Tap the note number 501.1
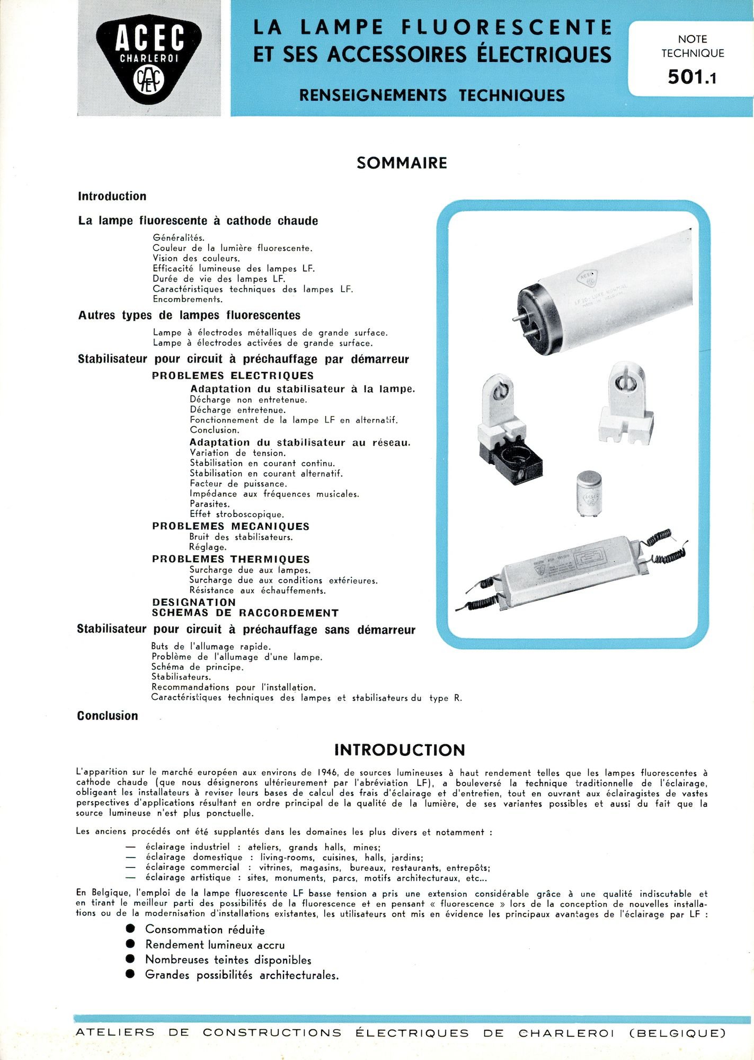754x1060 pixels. click(x=691, y=77)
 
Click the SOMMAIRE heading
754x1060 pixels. click(x=402, y=163)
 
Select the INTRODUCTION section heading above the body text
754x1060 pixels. click(x=400, y=750)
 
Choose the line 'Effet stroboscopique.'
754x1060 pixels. click(x=237, y=514)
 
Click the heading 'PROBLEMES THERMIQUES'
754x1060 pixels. click(x=230, y=559)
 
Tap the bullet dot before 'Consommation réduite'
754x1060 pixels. click(x=130, y=929)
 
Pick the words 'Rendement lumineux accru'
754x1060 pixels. click(x=215, y=944)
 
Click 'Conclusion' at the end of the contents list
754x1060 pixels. click(x=108, y=716)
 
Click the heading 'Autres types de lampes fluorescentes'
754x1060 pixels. click(x=189, y=315)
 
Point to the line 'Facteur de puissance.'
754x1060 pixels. click(x=238, y=483)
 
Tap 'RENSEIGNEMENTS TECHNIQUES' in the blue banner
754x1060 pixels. click(x=432, y=95)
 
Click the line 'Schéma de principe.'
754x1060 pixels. click(x=197, y=667)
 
